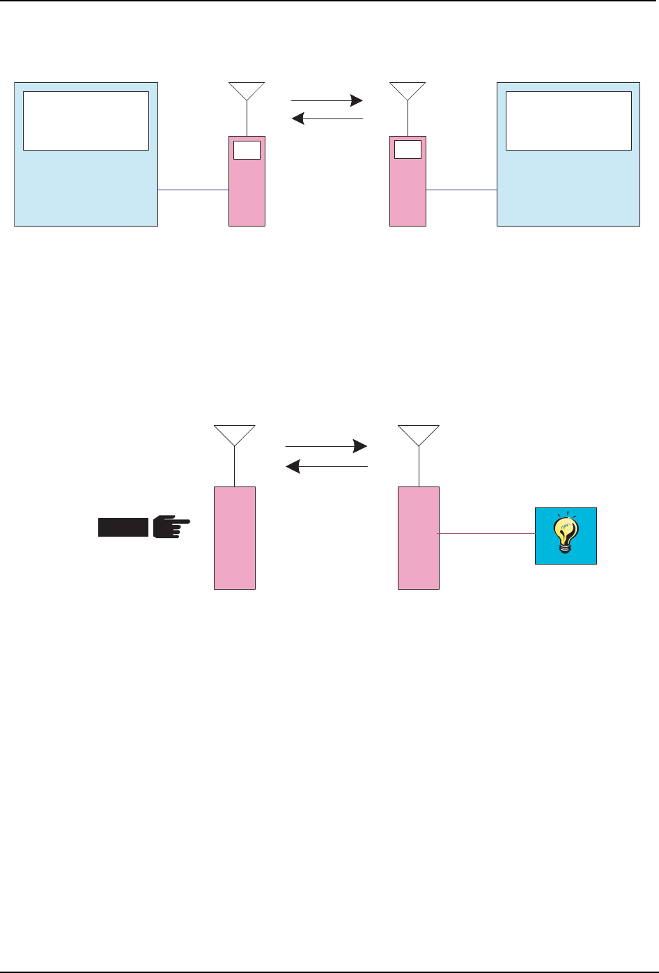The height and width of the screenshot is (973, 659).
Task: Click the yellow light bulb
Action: point(565,536)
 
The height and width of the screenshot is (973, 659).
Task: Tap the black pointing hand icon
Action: point(170,527)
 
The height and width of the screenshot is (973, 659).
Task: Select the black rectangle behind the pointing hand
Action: point(123,528)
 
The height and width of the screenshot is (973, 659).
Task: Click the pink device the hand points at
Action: point(235,537)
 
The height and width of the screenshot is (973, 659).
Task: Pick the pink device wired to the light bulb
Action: point(419,537)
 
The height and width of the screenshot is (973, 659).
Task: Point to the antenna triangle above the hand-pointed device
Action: point(235,434)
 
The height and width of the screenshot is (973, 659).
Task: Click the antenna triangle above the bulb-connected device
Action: point(419,434)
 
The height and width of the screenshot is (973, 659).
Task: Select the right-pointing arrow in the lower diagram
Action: point(326,446)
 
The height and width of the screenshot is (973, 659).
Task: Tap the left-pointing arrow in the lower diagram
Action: point(326,466)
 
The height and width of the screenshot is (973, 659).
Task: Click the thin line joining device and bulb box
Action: point(487,534)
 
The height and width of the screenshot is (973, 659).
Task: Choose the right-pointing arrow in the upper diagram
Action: point(327,101)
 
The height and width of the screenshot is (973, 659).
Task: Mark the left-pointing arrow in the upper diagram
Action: point(327,119)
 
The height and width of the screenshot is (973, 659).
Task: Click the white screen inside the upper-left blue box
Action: point(86,121)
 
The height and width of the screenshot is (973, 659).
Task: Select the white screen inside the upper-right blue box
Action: point(568,121)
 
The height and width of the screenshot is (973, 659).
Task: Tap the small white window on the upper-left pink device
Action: point(247,149)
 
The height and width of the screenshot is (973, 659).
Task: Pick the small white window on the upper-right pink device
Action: point(408,149)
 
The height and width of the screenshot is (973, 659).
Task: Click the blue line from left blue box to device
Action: point(194,190)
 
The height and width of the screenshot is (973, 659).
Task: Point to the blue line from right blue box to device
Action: point(461,190)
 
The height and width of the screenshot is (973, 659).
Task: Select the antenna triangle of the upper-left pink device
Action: point(247,90)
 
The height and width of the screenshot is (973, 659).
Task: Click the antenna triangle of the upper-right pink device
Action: point(408,90)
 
